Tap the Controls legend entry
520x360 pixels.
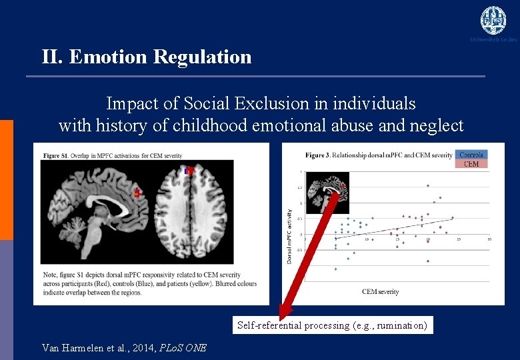pos(471,155)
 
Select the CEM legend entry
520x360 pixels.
pos(471,164)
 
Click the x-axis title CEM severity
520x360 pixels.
pos(381,291)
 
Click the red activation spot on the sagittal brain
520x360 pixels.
pos(138,193)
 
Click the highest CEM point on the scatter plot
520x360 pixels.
pos(428,185)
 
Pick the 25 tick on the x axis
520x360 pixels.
pos(459,239)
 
